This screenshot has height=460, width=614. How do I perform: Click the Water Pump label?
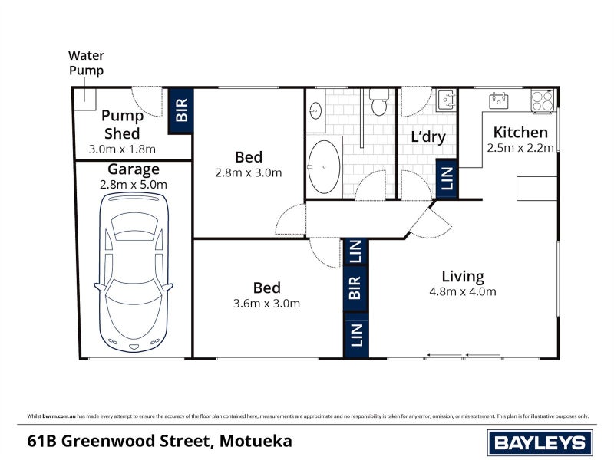click(x=86, y=63)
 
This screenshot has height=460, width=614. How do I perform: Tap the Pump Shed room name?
click(x=122, y=125)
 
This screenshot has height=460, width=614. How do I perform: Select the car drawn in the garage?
click(x=137, y=270)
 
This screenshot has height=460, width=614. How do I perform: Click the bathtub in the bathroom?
click(x=325, y=166)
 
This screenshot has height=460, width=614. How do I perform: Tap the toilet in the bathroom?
click(x=378, y=103)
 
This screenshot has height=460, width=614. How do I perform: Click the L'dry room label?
click(x=428, y=137)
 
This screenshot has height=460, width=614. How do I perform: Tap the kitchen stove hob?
click(x=542, y=100)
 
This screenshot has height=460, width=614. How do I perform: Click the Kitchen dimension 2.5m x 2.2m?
click(x=520, y=148)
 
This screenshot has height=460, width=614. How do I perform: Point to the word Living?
click(x=462, y=276)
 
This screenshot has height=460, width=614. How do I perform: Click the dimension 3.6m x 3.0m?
click(x=266, y=304)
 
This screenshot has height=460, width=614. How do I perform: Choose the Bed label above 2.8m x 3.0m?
click(x=249, y=157)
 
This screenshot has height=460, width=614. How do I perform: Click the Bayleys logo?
click(x=540, y=442)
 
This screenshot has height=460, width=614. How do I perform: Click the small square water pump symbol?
click(x=84, y=96)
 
